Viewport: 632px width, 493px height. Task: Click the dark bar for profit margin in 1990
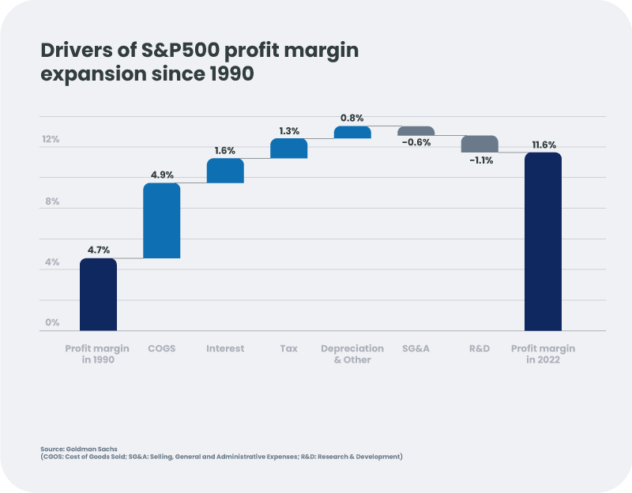[98, 294]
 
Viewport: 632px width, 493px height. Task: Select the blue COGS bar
[161, 220]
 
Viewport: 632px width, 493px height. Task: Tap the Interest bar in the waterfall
[225, 171]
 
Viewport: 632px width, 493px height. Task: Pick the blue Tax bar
[288, 149]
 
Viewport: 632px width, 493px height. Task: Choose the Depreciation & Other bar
[352, 133]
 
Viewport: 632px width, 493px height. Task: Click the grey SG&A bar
[416, 131]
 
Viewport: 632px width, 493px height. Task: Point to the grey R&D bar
[480, 144]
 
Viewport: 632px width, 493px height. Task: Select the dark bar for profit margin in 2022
[543, 241]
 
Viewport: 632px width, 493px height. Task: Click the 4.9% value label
[161, 175]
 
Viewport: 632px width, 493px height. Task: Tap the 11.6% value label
[544, 145]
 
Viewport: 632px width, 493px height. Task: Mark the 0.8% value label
[352, 118]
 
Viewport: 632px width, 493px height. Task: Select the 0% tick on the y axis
[52, 322]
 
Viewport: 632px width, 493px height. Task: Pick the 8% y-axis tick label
[51, 201]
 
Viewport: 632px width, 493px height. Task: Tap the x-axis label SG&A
[416, 348]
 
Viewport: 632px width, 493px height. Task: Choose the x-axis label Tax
[288, 348]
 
